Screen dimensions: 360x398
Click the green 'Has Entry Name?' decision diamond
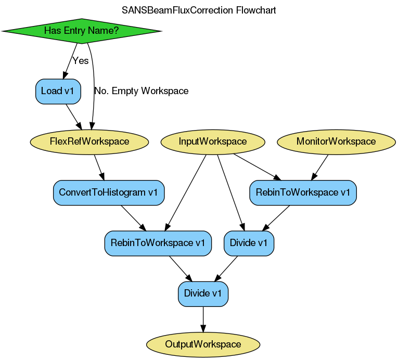tap(81, 31)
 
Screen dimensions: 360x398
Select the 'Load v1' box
tap(57, 91)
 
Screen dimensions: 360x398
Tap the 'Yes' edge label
tap(81, 61)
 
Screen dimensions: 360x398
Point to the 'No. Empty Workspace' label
tap(141, 91)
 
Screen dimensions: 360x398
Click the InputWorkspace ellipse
tap(213, 142)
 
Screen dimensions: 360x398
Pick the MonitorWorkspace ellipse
tap(336, 142)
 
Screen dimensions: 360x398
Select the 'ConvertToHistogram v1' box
tap(108, 192)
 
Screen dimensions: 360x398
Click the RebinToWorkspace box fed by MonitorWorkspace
tap(303, 192)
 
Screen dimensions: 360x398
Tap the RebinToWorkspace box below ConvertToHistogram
tap(158, 243)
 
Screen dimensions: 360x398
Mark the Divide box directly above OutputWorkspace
tap(203, 293)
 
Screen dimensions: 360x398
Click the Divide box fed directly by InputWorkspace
tap(249, 243)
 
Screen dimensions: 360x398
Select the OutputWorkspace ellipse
tap(203, 344)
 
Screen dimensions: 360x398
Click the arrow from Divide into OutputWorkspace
tap(203, 319)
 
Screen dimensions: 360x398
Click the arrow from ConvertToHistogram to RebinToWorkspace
tap(133, 217)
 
